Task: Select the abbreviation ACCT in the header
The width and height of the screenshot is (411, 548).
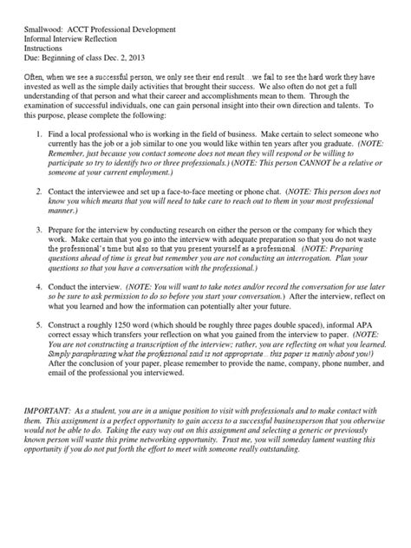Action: tap(93, 29)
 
